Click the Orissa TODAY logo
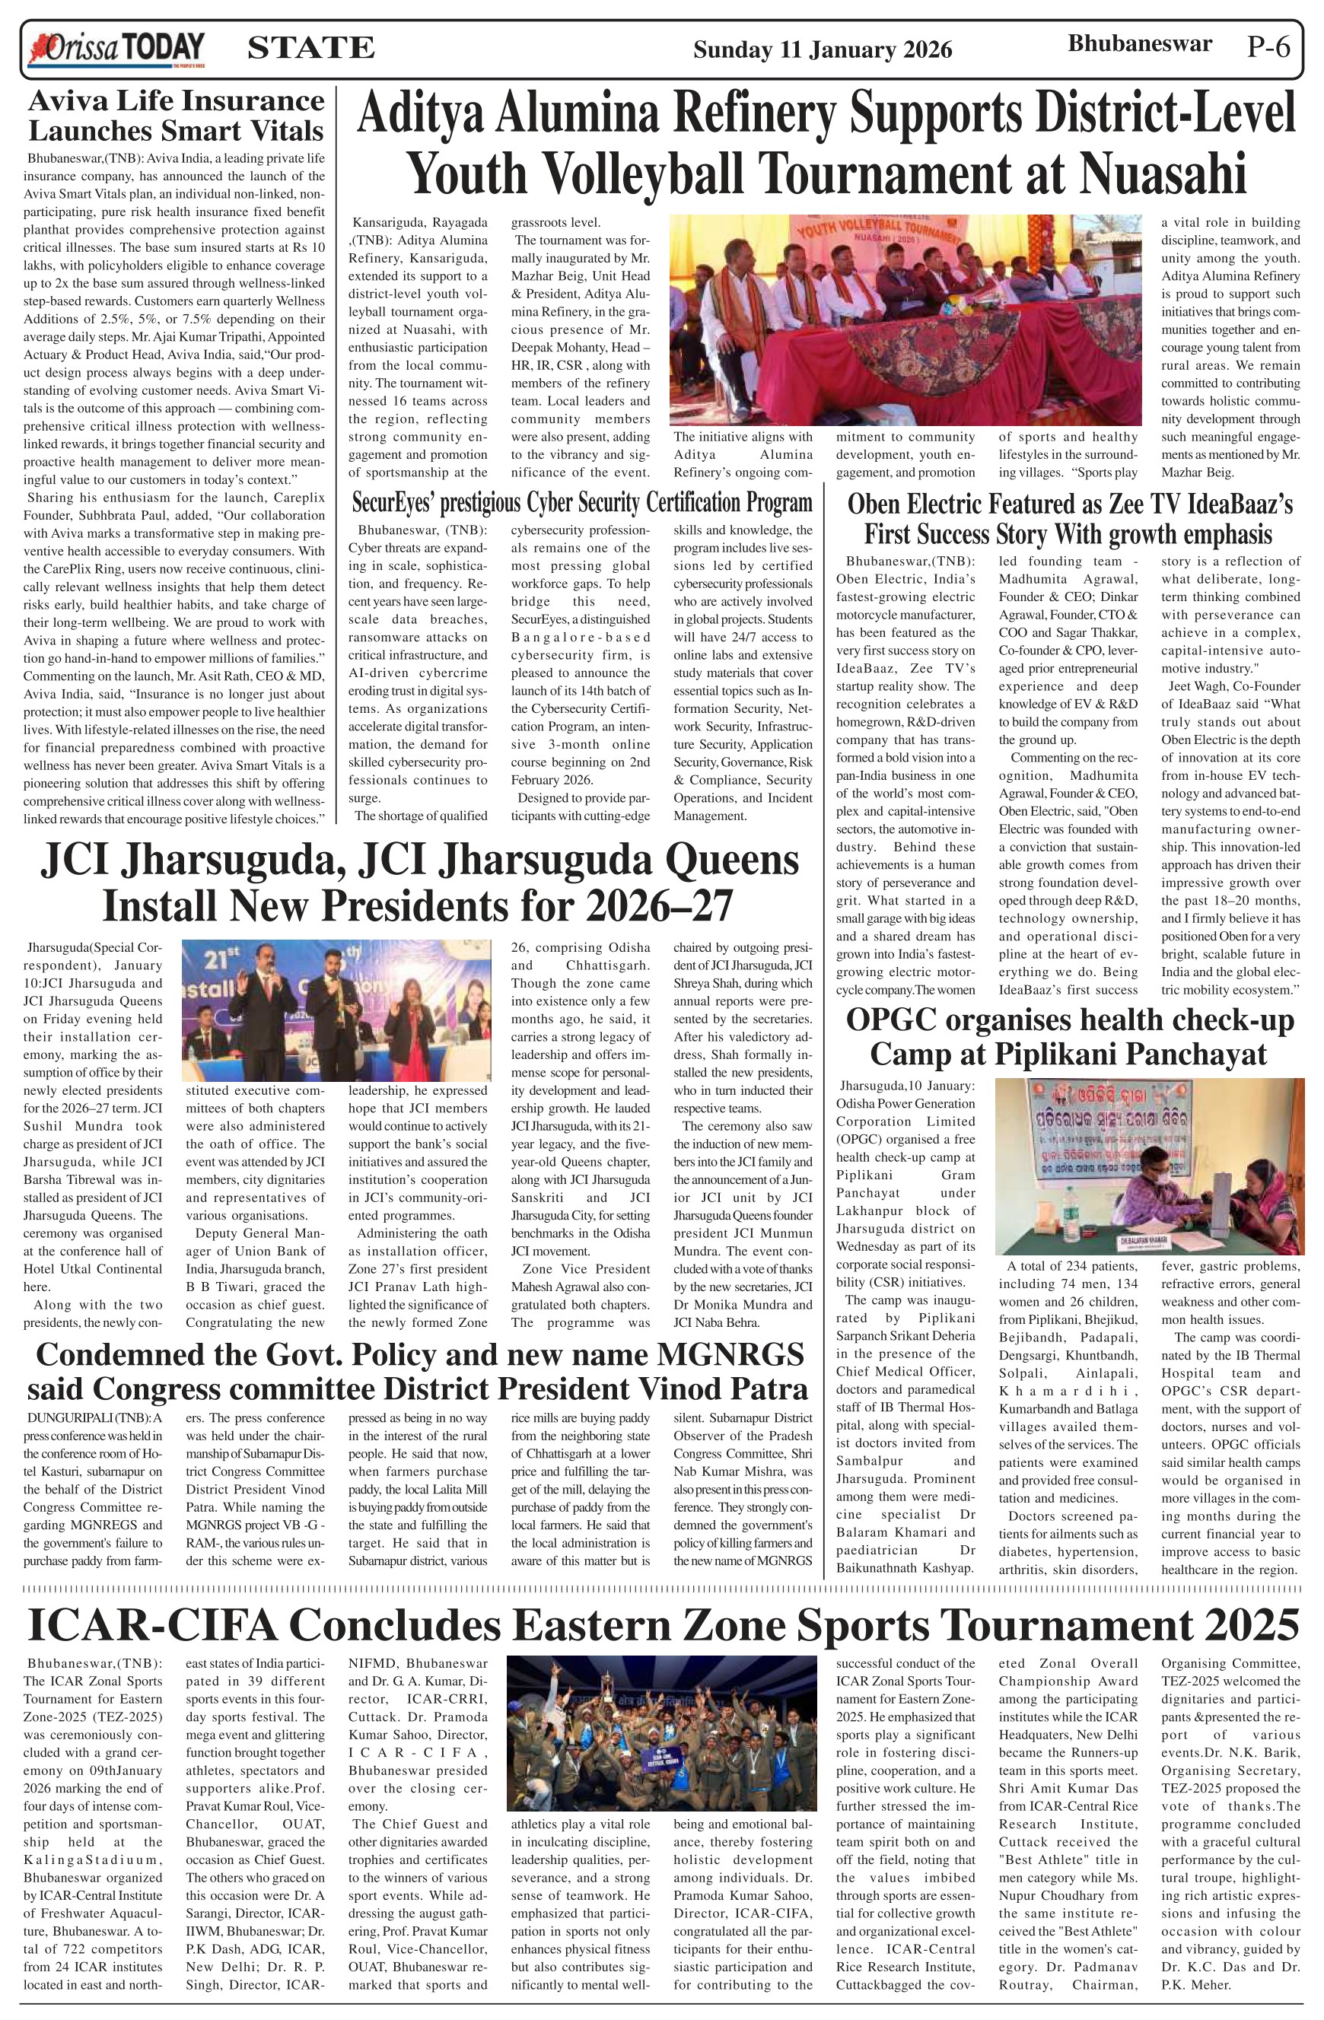click(x=116, y=49)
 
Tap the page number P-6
click(x=1269, y=47)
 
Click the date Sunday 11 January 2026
click(x=823, y=50)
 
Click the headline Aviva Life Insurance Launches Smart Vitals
click(x=177, y=116)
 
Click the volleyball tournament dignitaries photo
click(x=905, y=320)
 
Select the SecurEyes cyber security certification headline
click(x=582, y=504)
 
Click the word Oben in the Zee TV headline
click(x=881, y=505)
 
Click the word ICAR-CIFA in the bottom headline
click(x=153, y=1626)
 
